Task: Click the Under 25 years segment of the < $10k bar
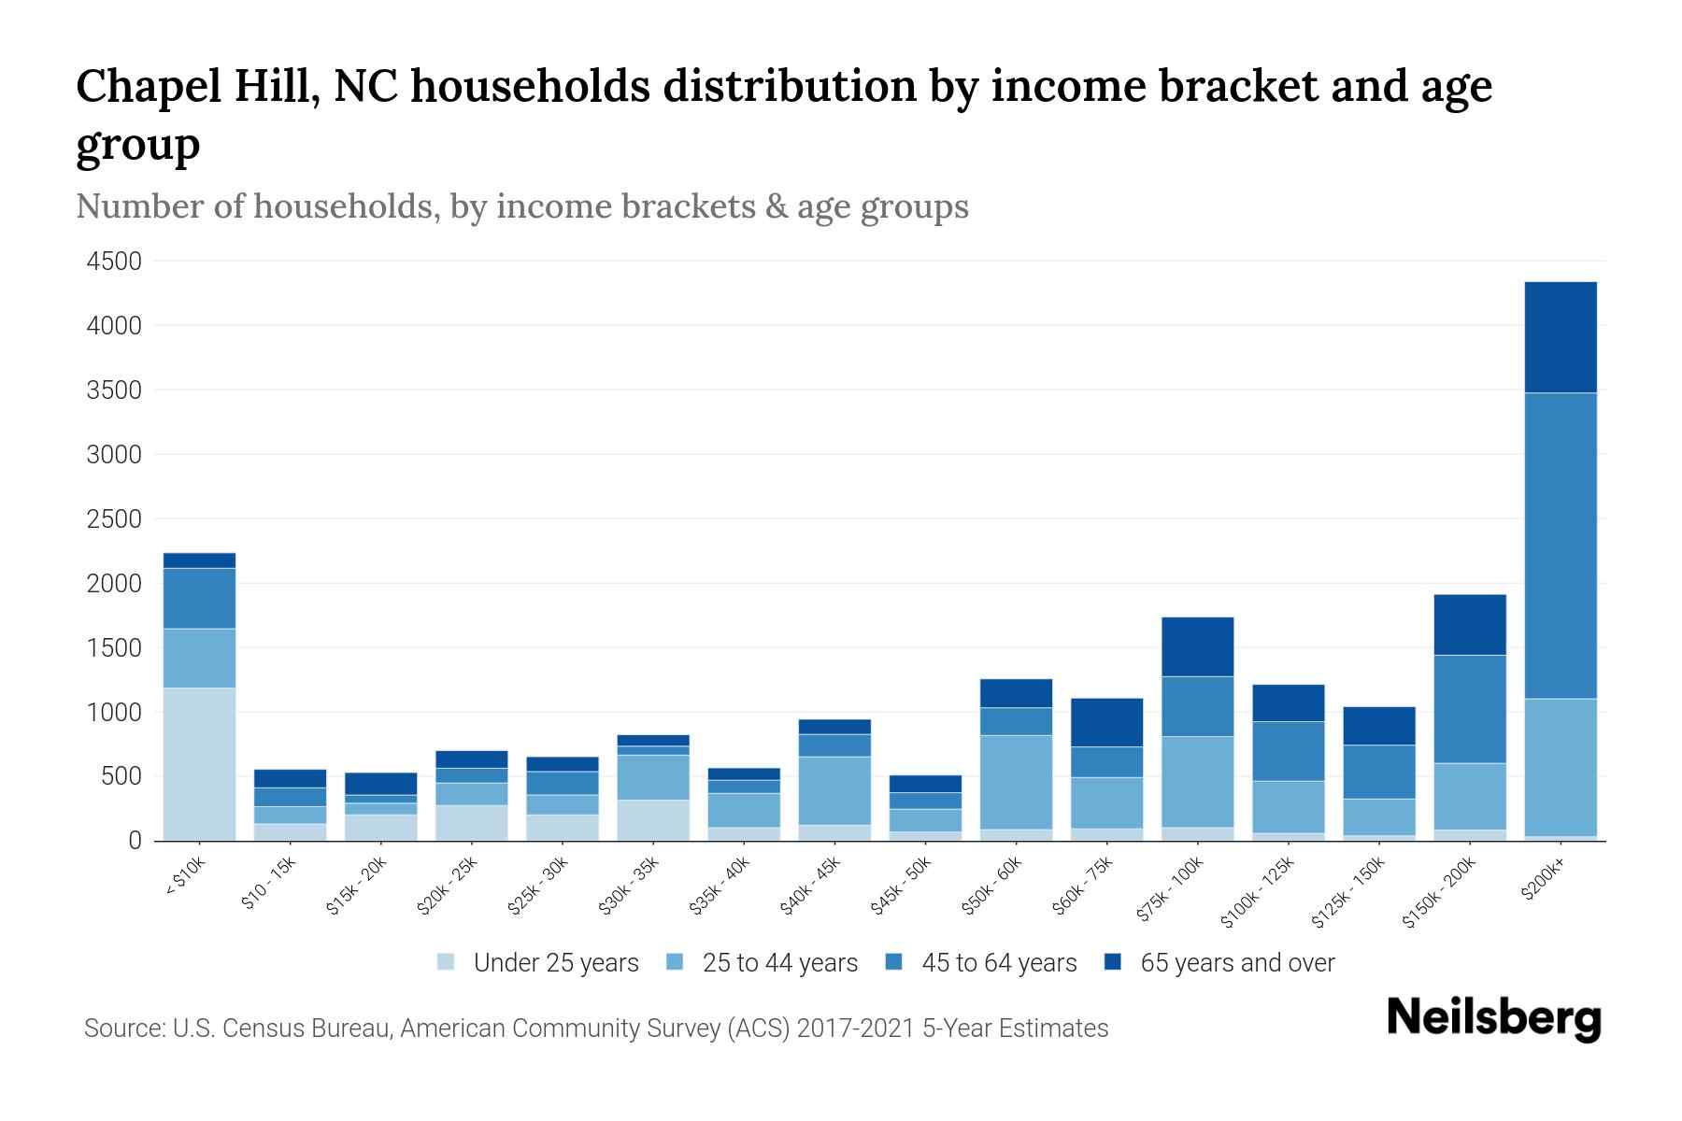[x=199, y=763]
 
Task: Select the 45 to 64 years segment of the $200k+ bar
[x=1561, y=546]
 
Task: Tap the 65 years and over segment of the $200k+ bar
[x=1561, y=337]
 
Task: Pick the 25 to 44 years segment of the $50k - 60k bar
[x=1016, y=782]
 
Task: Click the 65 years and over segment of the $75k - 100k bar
[x=1197, y=646]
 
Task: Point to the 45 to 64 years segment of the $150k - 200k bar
[x=1470, y=709]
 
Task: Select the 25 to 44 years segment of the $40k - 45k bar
[x=834, y=790]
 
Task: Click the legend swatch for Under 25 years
[x=447, y=962]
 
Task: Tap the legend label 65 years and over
[x=1237, y=963]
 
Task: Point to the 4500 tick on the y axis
[x=114, y=262]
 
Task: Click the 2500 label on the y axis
[x=114, y=519]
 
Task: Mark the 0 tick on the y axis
[x=135, y=841]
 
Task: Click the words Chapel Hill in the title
[x=197, y=87]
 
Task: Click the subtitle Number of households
[x=256, y=206]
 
